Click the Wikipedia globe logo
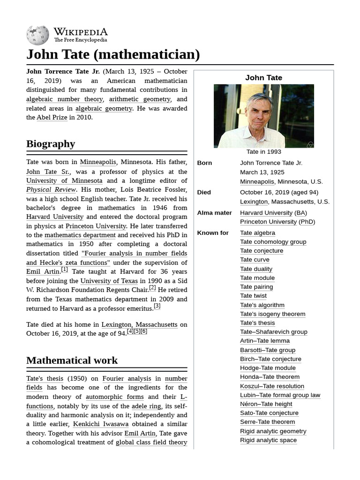37,35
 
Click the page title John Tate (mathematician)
113,54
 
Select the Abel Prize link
52,118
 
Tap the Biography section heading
51,143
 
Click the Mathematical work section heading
72,360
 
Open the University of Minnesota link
64,180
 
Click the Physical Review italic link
51,189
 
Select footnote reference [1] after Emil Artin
65,270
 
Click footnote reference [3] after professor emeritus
157,306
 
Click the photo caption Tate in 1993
263,152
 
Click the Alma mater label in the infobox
214,213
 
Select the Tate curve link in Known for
255,260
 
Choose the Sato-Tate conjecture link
269,413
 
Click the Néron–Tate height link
266,404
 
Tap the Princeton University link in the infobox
268,222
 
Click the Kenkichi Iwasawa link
101,424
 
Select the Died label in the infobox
204,192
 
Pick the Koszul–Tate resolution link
272,386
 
